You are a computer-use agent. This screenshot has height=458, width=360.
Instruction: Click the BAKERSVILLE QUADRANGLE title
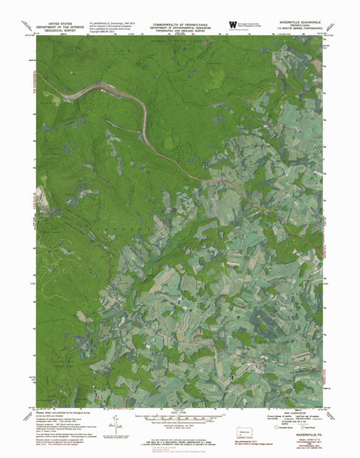pyautogui.click(x=298, y=23)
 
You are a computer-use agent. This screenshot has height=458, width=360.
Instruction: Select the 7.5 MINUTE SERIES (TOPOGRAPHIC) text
pyautogui.click(x=298, y=31)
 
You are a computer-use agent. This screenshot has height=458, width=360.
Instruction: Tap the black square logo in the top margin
pyautogui.click(x=232, y=25)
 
